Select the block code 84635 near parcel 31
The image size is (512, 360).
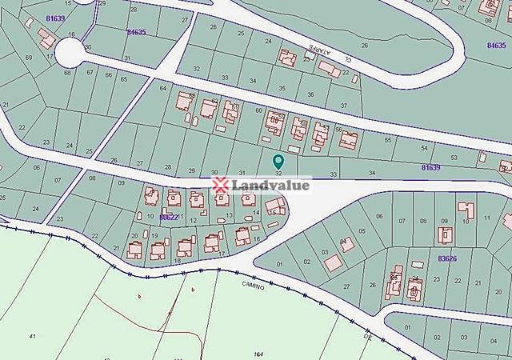click(136, 32)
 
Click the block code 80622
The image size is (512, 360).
click(168, 217)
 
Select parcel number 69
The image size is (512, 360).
click(29, 58)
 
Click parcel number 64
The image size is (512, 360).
click(163, 87)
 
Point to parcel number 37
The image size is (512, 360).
click(344, 106)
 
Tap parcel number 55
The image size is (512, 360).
click(388, 140)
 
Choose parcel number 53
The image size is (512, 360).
click(454, 158)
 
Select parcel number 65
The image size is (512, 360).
click(123, 79)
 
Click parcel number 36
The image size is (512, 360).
click(310, 95)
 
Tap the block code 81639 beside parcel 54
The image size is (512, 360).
click(431, 166)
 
